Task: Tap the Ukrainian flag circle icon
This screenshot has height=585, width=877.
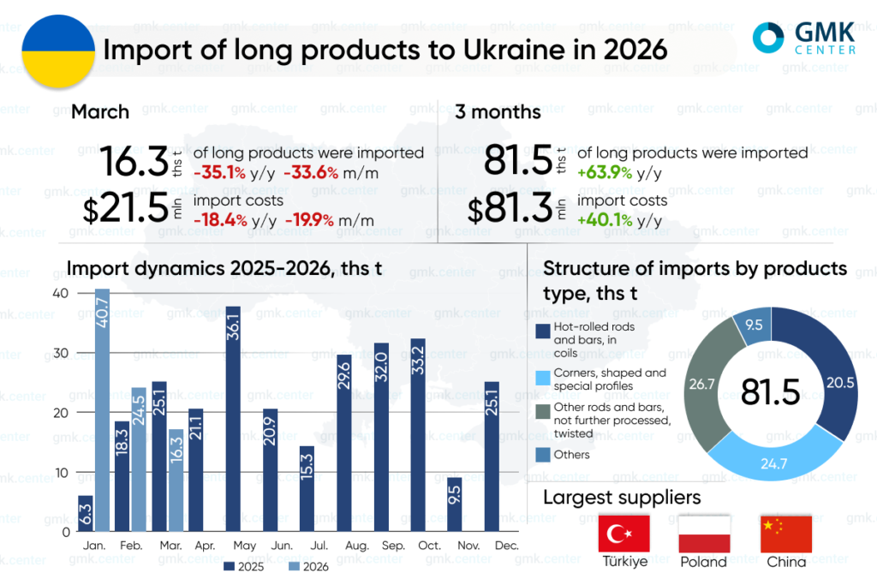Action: pos(57,51)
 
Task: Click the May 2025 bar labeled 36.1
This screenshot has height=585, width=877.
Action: pos(232,419)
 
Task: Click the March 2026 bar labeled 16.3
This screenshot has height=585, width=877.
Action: pos(176,480)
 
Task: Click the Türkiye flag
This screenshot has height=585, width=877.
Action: pos(624,534)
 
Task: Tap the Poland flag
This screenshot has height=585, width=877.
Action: pos(704,534)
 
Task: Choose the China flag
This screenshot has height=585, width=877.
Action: pos(785,534)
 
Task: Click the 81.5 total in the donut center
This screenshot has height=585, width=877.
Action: pos(770,392)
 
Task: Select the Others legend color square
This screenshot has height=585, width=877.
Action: pos(542,455)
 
